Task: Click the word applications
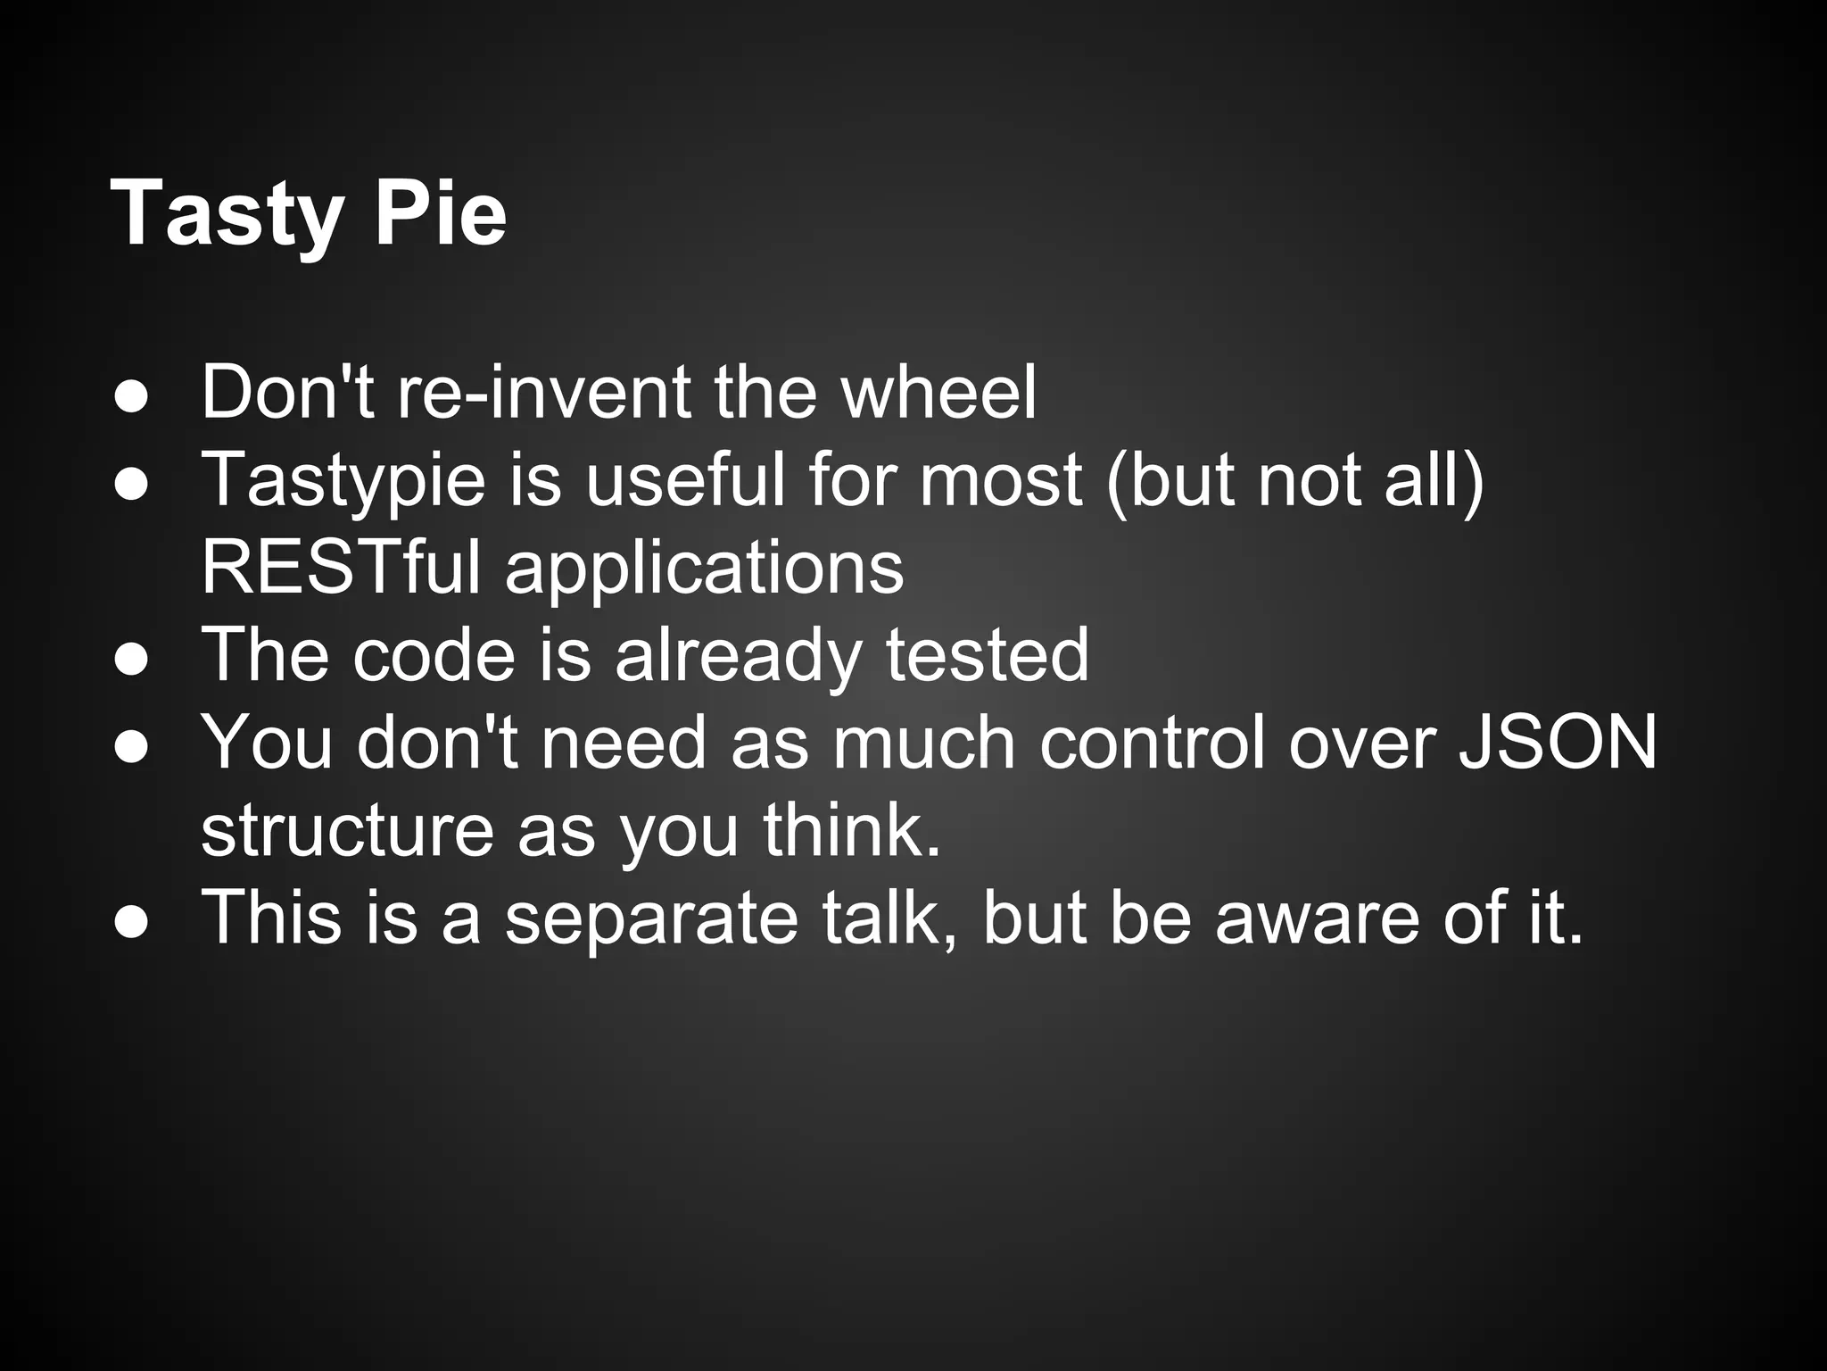click(x=705, y=569)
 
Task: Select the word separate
click(x=651, y=918)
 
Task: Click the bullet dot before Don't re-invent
click(x=131, y=399)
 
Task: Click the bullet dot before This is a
click(x=131, y=924)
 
